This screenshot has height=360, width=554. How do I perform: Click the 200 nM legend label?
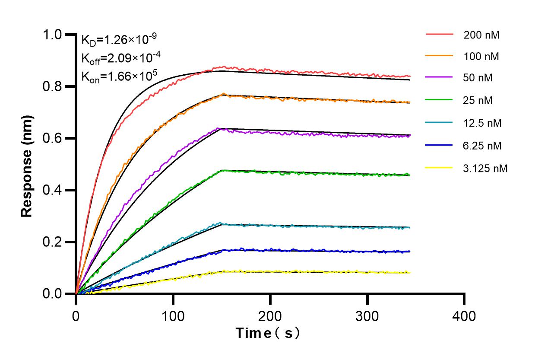[481, 35]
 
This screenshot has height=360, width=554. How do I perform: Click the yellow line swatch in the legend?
[439, 168]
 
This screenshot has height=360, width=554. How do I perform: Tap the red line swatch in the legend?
[439, 35]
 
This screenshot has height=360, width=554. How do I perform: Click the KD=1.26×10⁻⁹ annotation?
[119, 40]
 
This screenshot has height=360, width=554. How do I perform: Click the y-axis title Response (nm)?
[27, 166]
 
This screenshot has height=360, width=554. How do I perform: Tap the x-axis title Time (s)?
[267, 333]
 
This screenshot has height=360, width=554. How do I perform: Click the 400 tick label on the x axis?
[464, 316]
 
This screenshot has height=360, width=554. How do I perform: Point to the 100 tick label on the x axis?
[173, 316]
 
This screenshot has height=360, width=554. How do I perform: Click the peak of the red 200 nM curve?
[223, 67]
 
